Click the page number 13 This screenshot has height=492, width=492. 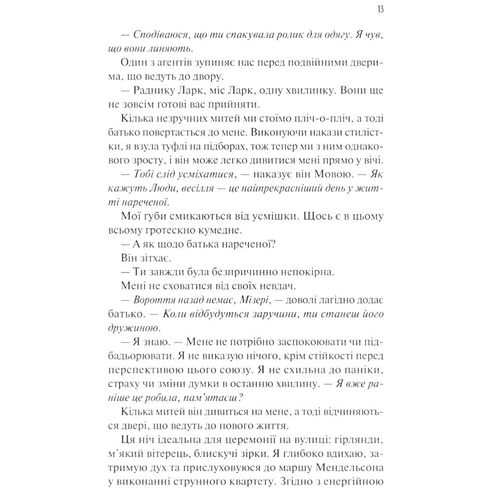[x=381, y=9]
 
